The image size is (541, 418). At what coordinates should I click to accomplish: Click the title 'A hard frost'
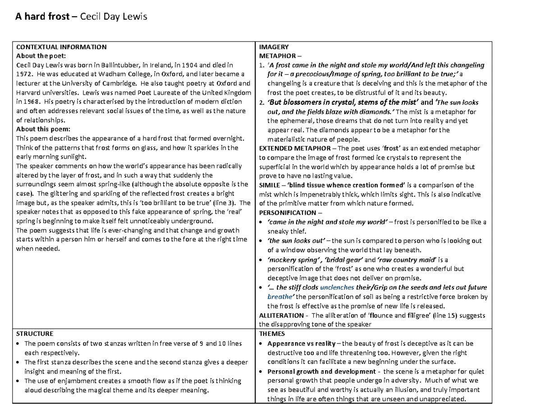(43, 18)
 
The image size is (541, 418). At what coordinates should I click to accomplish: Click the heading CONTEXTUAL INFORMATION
(61, 46)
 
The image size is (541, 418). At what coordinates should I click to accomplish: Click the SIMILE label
(270, 185)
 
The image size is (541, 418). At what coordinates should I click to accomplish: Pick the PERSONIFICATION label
(288, 213)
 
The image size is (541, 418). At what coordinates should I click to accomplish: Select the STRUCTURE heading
(35, 334)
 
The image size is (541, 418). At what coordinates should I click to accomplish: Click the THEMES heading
(272, 334)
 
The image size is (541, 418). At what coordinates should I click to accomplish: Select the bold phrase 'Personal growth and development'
(321, 372)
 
